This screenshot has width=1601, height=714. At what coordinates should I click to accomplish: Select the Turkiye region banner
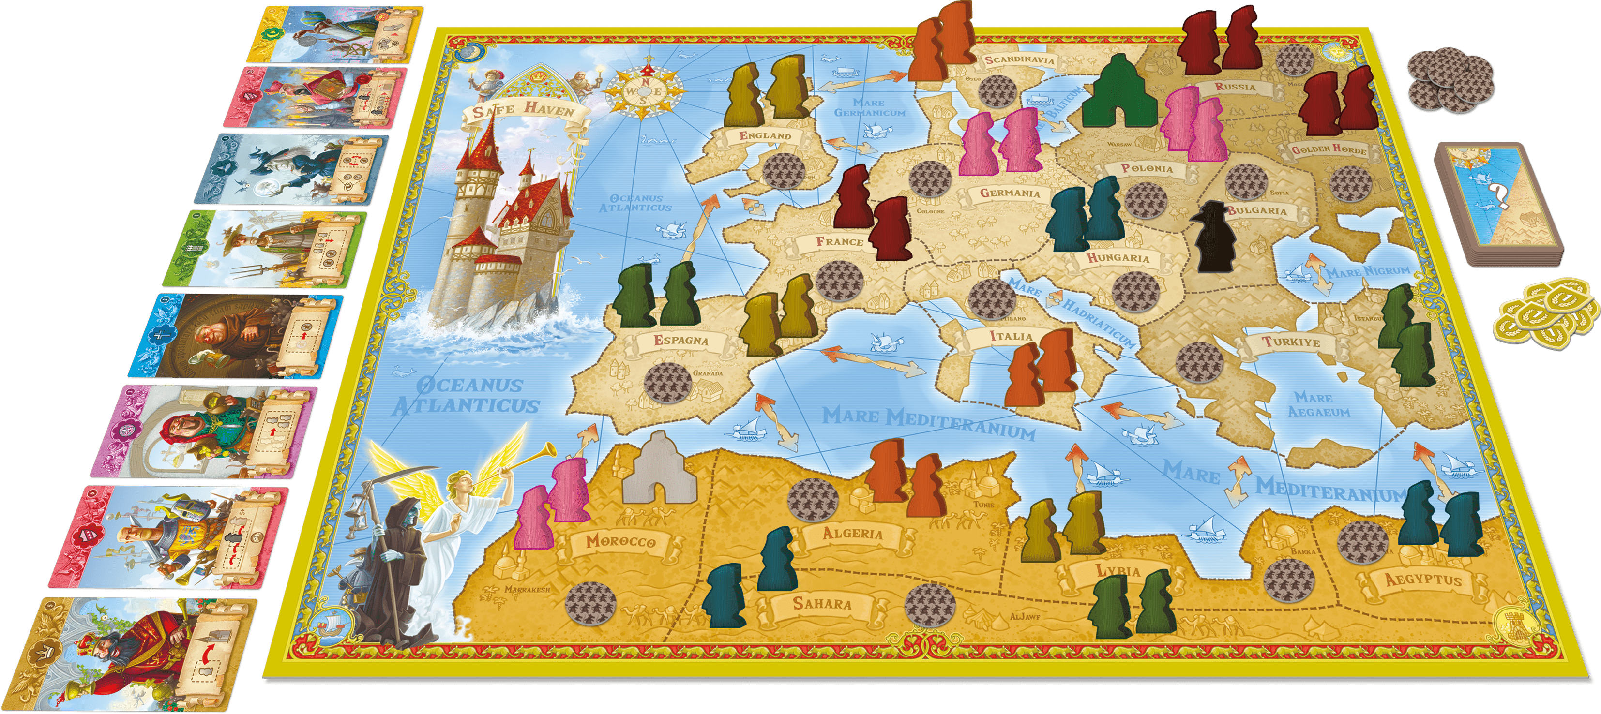(1290, 342)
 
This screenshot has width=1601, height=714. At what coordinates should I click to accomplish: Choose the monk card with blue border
(236, 336)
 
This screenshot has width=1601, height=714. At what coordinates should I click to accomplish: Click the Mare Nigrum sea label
(1367, 271)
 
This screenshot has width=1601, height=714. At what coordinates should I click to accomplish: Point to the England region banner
(765, 136)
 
